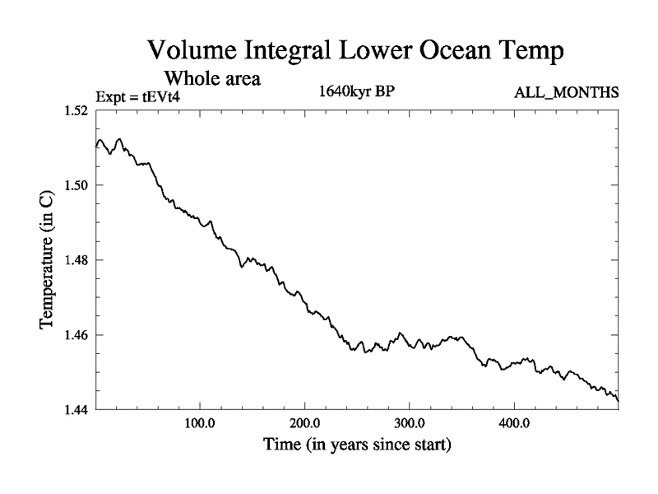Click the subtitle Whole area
213,79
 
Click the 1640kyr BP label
357,91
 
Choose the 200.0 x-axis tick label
305,425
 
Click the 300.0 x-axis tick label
410,425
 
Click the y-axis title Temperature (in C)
48,260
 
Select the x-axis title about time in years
357,447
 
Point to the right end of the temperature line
618,400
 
